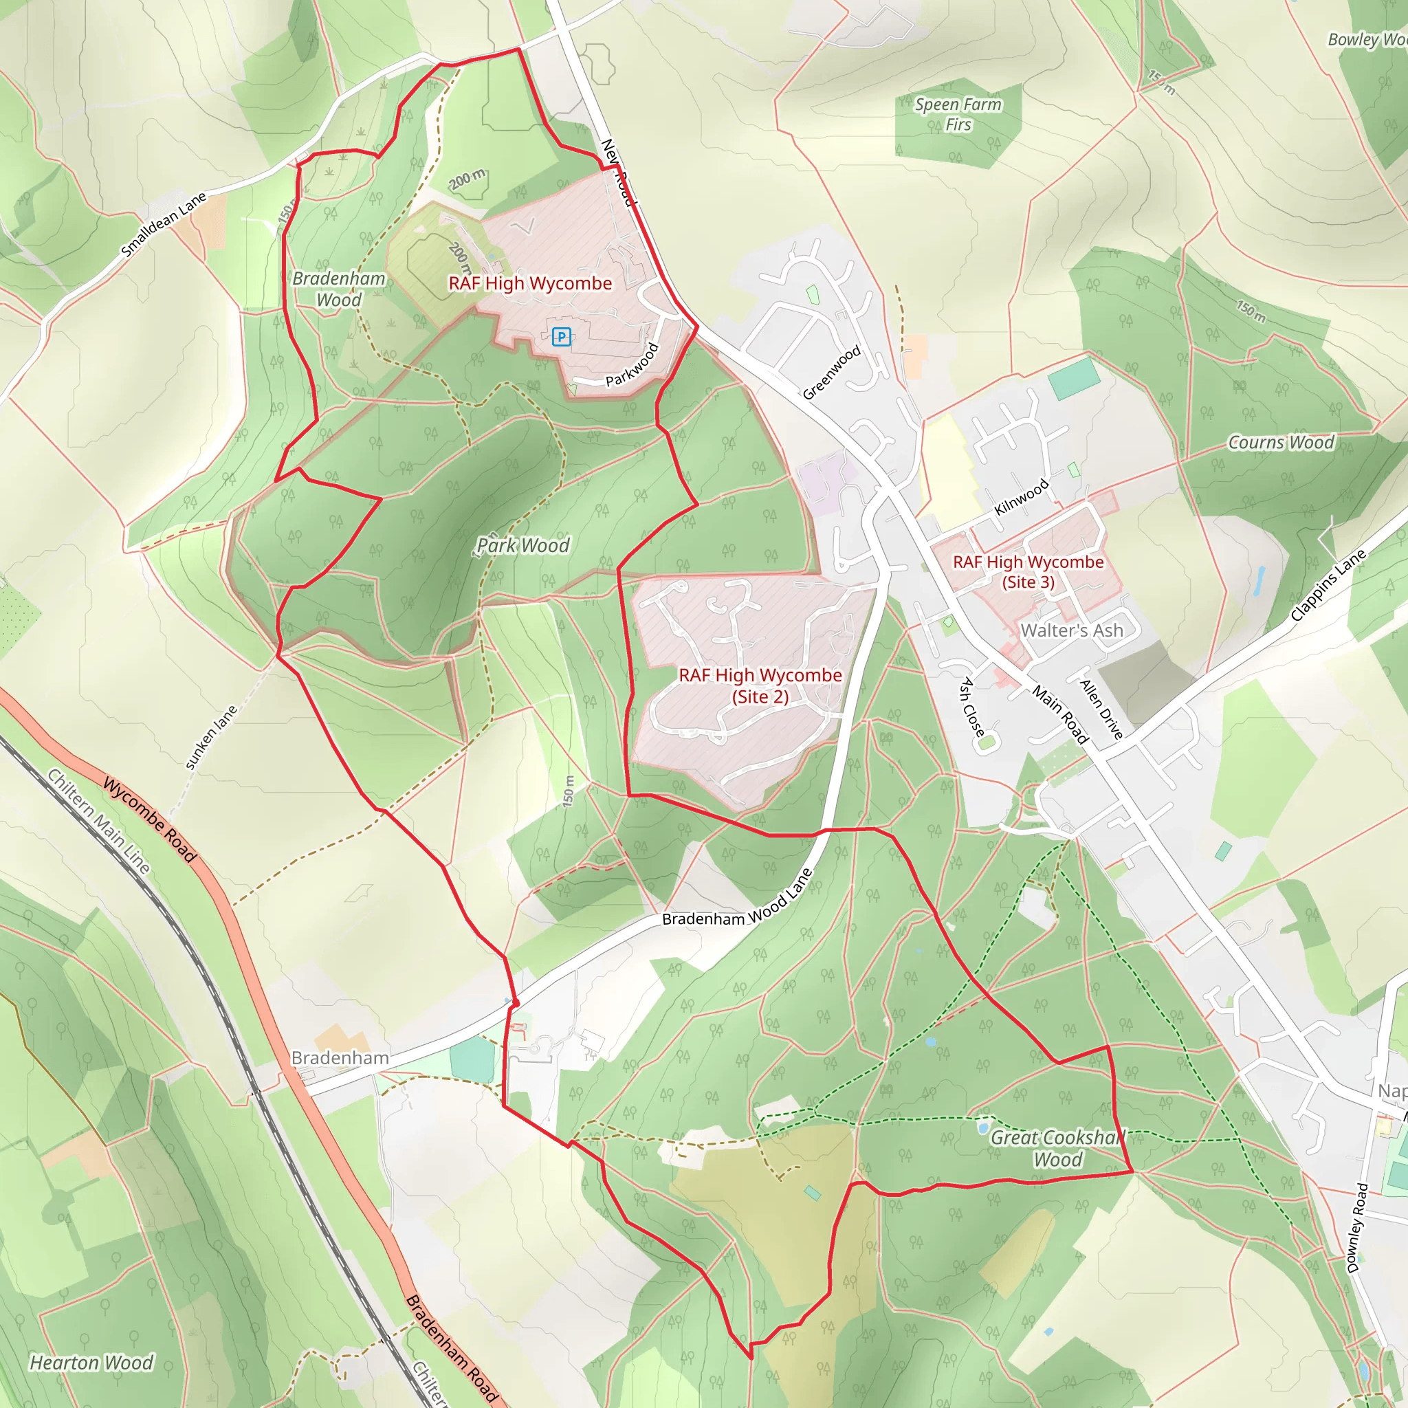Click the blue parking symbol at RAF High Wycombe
point(560,337)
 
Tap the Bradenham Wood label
point(339,289)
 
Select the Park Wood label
point(522,545)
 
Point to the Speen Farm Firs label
point(958,114)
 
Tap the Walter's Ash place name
point(1071,630)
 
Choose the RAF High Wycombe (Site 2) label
point(760,685)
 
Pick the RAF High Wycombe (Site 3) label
point(1028,571)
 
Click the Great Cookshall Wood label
point(1058,1148)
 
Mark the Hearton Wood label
point(92,1362)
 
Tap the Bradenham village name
point(340,1057)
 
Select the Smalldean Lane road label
point(164,223)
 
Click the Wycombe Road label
point(149,820)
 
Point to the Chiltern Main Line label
point(99,821)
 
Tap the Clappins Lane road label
point(1328,585)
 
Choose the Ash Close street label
point(972,706)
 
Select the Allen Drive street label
point(1101,708)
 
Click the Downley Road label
point(1357,1228)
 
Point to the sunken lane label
point(211,737)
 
